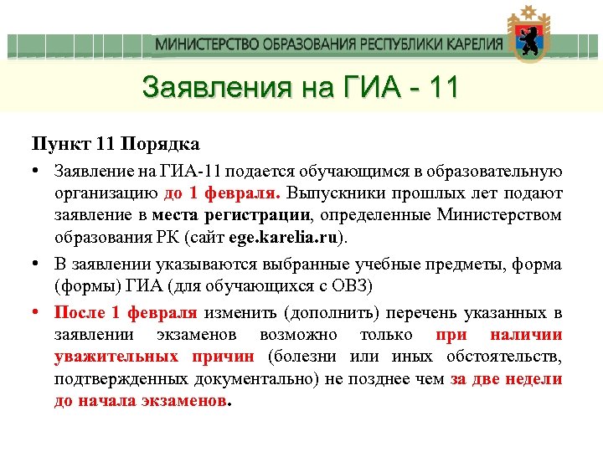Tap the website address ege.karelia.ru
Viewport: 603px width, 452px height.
(x=291, y=237)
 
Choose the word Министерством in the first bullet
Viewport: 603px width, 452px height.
(x=499, y=215)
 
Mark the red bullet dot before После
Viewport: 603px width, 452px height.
(x=38, y=313)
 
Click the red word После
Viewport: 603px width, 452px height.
(x=80, y=313)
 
